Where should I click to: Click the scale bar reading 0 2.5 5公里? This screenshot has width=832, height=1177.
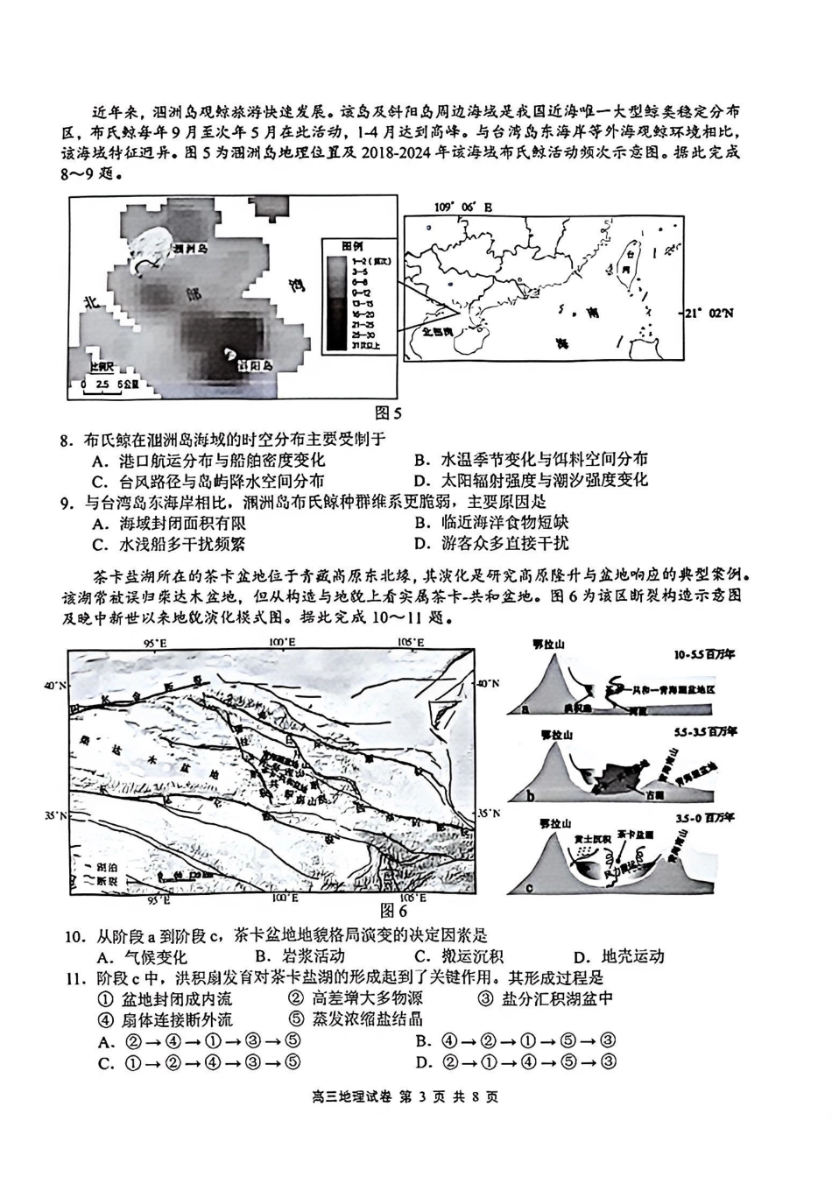point(103,384)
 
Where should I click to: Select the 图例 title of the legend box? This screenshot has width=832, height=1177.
point(352,246)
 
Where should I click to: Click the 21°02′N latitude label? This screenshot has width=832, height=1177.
point(709,312)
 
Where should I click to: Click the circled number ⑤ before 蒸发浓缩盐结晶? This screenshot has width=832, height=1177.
point(294,1019)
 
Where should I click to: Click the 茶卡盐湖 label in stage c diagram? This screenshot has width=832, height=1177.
point(635,835)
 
